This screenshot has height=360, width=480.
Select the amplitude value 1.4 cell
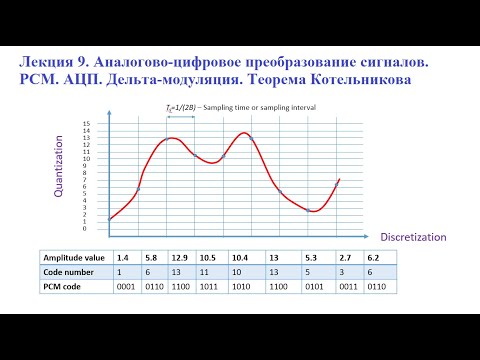(123, 257)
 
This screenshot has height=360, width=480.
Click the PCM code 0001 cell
(127, 287)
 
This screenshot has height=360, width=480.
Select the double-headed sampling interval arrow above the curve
(181, 118)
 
